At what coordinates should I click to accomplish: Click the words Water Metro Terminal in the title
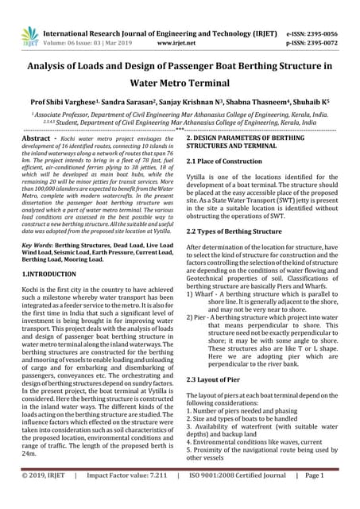pyautogui.click(x=180, y=82)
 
